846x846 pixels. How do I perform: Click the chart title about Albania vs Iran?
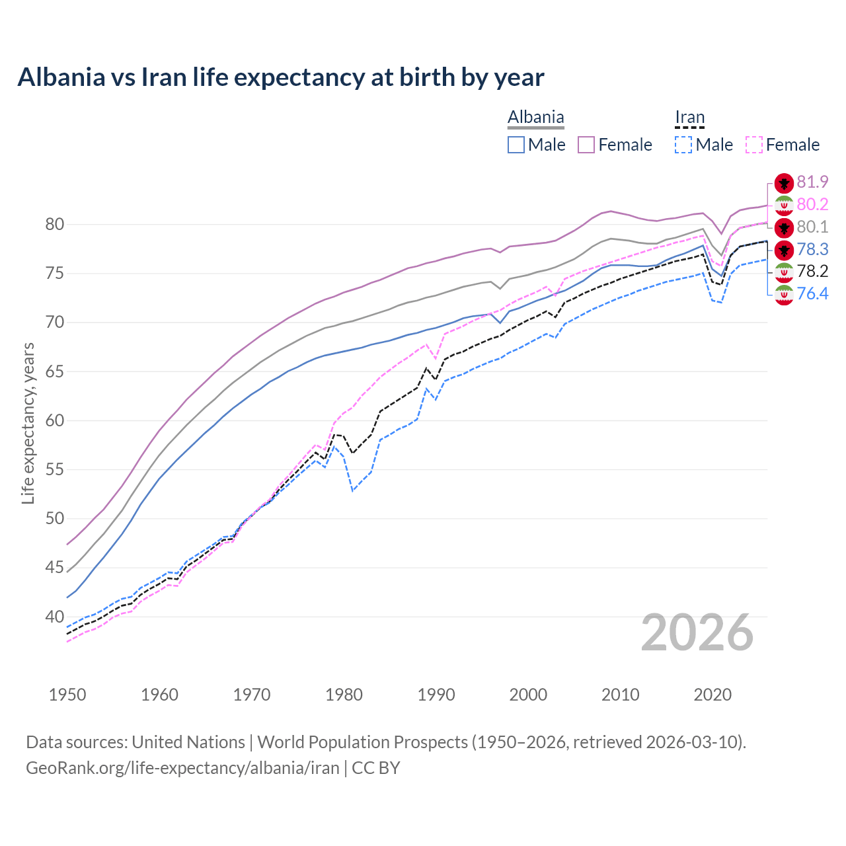click(x=281, y=77)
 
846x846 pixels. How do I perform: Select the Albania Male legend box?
click(x=516, y=145)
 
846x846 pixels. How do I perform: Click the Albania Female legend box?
click(x=586, y=145)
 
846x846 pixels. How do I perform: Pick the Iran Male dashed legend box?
click(x=683, y=145)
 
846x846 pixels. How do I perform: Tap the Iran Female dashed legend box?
click(x=754, y=145)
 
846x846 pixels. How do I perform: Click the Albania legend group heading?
click(x=535, y=118)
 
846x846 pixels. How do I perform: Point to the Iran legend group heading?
click(x=689, y=118)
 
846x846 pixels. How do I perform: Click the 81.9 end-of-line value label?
click(x=812, y=182)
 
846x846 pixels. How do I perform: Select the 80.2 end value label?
click(x=812, y=204)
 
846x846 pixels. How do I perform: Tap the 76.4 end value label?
click(x=812, y=293)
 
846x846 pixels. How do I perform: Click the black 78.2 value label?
click(x=812, y=271)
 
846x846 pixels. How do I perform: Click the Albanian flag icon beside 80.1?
click(x=784, y=227)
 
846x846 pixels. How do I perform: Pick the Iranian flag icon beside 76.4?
click(x=784, y=295)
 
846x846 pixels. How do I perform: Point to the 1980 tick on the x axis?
click(x=344, y=695)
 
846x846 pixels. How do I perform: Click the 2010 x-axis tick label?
click(x=620, y=695)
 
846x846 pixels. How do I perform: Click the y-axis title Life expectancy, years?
click(x=28, y=423)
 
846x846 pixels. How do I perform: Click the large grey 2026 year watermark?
click(x=697, y=633)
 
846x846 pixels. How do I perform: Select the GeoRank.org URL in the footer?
click(x=182, y=767)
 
